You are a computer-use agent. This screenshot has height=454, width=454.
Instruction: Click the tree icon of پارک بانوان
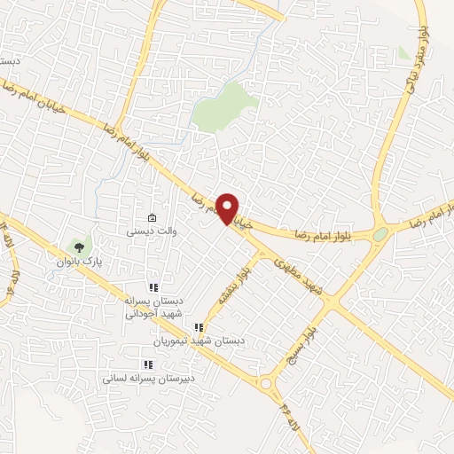(79, 247)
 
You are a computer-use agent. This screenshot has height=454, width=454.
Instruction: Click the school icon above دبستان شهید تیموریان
(210, 328)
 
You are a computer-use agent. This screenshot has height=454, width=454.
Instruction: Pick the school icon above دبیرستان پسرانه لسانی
(147, 364)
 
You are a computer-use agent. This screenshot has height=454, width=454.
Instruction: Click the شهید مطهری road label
(297, 271)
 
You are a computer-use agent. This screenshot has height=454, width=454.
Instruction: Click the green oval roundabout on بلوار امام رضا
(380, 233)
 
